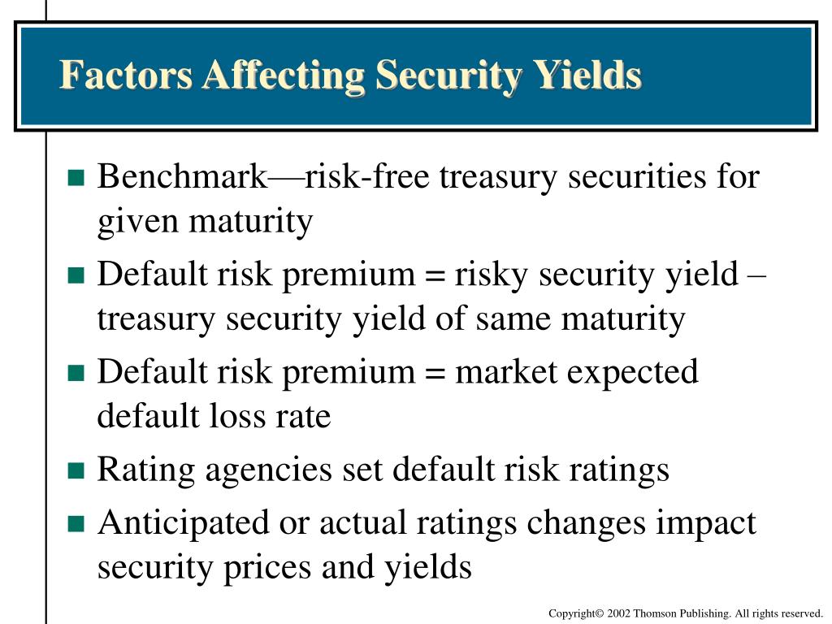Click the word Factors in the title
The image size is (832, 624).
click(x=126, y=76)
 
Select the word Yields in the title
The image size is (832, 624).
click(x=587, y=76)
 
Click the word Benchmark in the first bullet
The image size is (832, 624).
click(x=181, y=177)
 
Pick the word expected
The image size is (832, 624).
click(x=631, y=372)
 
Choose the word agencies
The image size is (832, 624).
click(x=278, y=470)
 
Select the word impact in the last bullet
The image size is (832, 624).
click(x=707, y=523)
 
